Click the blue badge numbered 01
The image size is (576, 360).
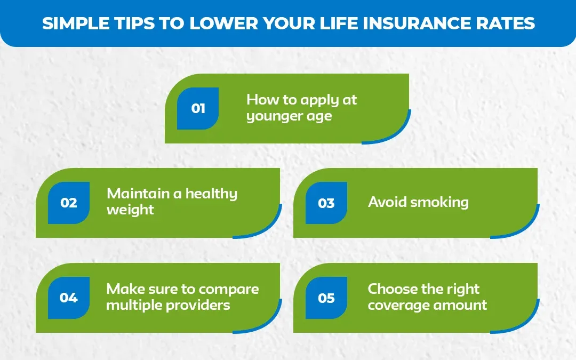click(198, 108)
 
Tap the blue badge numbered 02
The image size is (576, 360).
click(69, 203)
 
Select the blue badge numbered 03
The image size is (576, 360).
click(326, 203)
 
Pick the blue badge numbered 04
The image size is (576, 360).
click(69, 298)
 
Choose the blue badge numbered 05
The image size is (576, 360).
click(326, 298)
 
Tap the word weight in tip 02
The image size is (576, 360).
click(130, 210)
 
